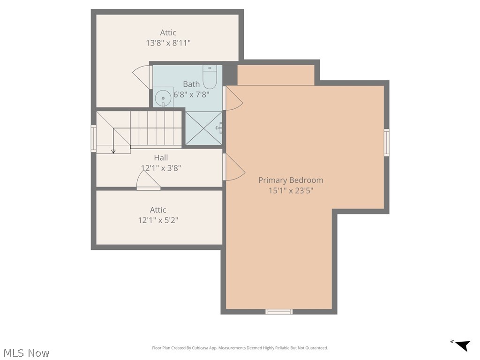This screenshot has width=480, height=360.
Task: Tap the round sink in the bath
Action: (163, 98)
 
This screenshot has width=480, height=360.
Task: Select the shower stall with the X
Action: (204, 128)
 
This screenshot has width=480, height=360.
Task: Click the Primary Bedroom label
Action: (291, 180)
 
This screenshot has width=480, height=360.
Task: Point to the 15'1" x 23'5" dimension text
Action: (291, 191)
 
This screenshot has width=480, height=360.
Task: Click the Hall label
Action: (161, 157)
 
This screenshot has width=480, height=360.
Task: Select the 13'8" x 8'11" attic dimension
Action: (168, 43)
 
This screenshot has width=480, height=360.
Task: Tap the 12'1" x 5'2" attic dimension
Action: (158, 220)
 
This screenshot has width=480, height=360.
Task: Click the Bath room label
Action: (191, 84)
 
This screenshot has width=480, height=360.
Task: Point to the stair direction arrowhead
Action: (113, 151)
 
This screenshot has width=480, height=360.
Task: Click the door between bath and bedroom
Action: (233, 98)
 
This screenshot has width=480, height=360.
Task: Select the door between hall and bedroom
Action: (234, 167)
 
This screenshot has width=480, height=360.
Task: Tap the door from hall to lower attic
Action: (149, 180)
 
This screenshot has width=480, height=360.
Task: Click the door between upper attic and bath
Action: (142, 77)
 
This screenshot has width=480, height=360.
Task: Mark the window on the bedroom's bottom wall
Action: (279, 312)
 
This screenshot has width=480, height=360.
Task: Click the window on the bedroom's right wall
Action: (387, 142)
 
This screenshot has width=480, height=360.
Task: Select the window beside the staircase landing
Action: (94, 138)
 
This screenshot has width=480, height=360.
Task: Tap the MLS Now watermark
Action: (26, 353)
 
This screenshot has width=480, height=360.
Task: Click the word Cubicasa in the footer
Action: (200, 348)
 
